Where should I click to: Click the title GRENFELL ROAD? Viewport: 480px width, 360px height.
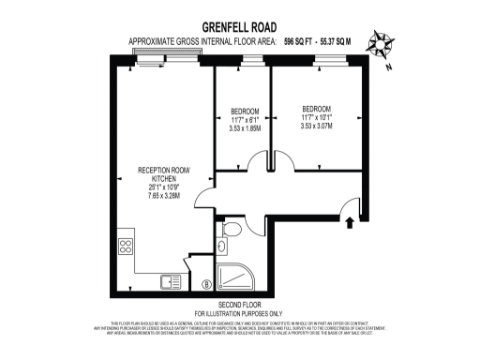coord(239,28)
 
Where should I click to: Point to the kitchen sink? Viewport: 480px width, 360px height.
coord(170,280)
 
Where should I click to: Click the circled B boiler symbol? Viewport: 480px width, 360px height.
coord(206,284)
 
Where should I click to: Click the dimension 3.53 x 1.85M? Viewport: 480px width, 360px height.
coord(244,129)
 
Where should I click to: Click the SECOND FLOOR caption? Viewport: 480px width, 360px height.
coord(238,306)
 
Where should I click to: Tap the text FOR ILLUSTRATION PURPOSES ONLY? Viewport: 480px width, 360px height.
coord(238,313)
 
